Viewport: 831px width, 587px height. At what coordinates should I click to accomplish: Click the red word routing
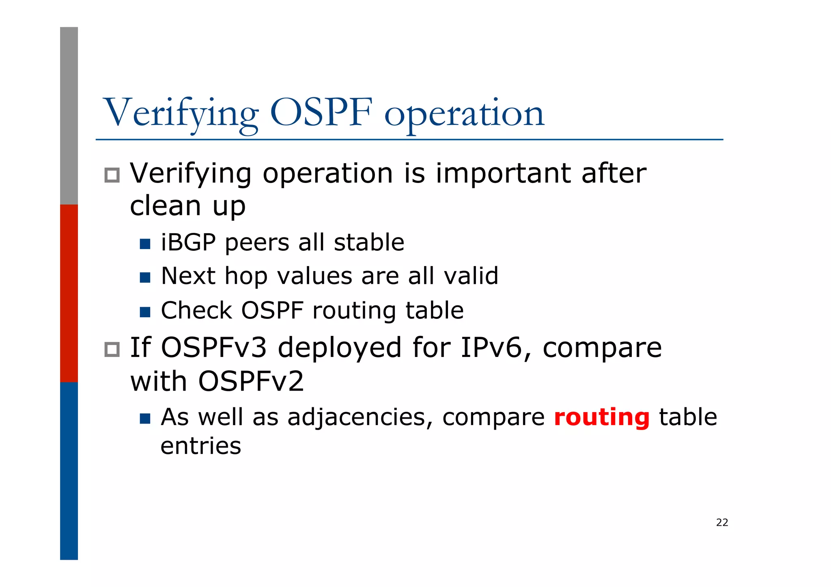click(x=601, y=418)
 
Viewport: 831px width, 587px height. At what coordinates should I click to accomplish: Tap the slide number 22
click(x=722, y=522)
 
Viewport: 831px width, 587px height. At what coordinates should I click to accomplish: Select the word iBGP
click(x=188, y=243)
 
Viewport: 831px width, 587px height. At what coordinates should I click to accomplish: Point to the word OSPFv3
click(x=214, y=348)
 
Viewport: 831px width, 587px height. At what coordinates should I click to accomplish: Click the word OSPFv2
click(x=251, y=382)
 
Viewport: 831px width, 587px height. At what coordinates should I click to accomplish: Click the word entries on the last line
click(x=201, y=446)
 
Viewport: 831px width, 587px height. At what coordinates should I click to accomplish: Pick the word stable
click(x=369, y=243)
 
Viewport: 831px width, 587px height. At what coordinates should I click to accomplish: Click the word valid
click(x=471, y=276)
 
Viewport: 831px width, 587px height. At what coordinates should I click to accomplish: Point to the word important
click(x=503, y=174)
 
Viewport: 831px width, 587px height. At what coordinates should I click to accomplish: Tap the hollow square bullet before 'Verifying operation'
click(x=112, y=175)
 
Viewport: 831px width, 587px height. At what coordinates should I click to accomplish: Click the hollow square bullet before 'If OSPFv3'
click(x=112, y=350)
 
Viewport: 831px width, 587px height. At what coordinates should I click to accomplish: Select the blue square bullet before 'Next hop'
click(x=145, y=277)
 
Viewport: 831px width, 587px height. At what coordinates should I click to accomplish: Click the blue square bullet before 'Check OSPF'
click(x=145, y=312)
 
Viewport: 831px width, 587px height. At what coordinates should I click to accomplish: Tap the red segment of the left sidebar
click(x=69, y=293)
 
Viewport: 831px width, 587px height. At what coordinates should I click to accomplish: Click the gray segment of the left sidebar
click(x=69, y=116)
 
